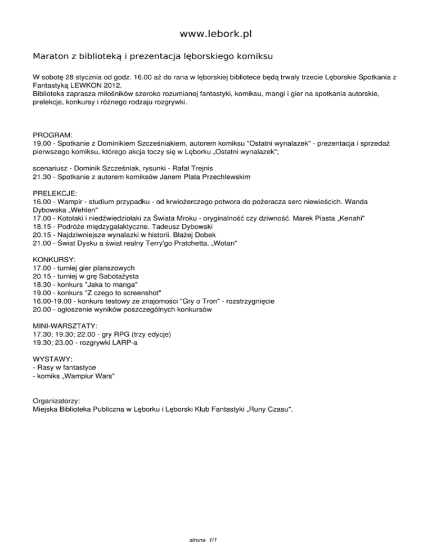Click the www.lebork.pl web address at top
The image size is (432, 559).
[215, 34]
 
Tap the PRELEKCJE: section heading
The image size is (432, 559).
[56, 192]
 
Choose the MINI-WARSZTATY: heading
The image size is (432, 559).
[65, 326]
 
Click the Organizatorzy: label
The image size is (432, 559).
[57, 401]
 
